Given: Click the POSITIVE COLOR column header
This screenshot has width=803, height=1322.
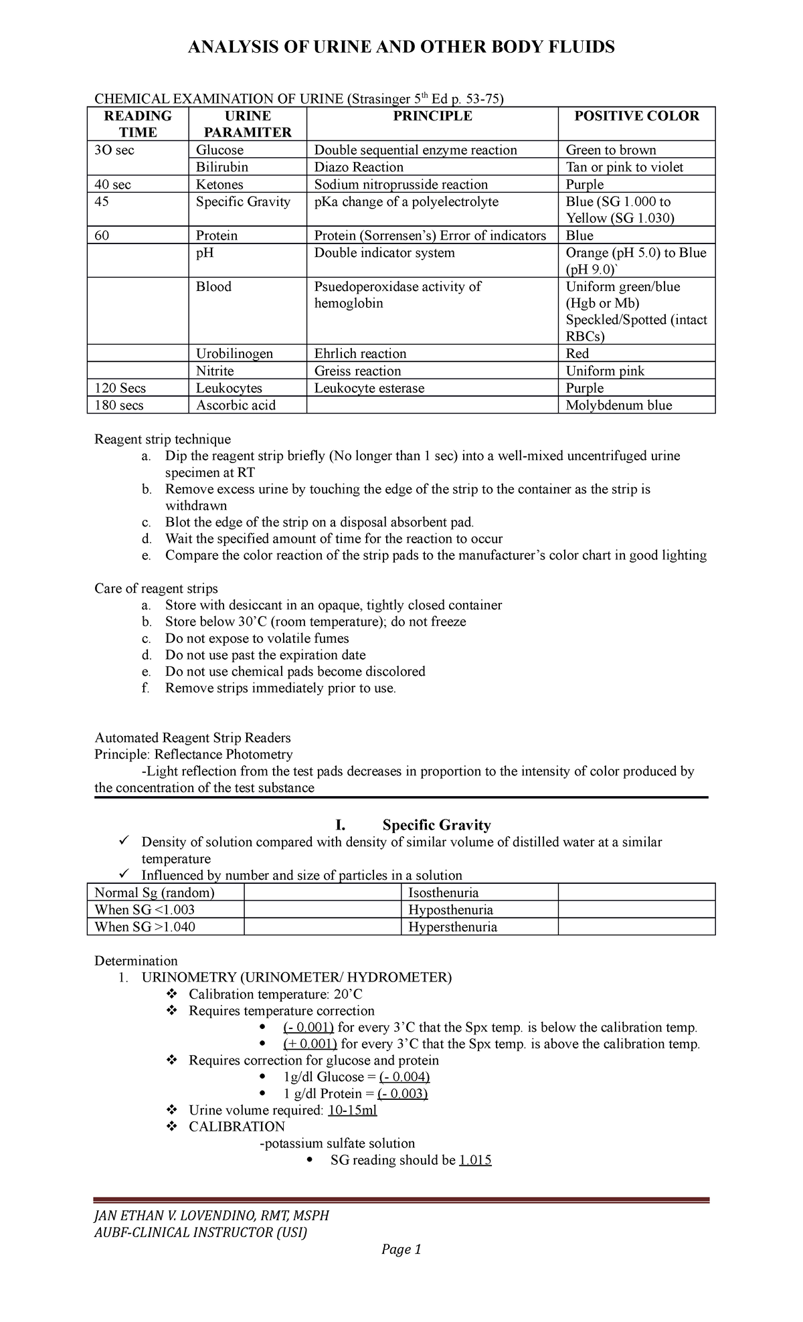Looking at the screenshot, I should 636,116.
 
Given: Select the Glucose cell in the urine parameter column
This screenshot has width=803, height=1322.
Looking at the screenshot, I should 219,150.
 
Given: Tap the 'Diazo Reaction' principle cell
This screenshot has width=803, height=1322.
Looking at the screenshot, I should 359,167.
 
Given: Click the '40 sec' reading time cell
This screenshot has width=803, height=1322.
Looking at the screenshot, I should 113,185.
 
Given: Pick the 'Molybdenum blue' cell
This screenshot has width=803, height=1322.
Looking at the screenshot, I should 619,405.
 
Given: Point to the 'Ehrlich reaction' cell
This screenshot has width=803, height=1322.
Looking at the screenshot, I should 361,354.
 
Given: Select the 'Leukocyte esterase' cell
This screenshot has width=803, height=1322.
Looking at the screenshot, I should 369,388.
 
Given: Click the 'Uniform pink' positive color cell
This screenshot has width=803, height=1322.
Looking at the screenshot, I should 605,371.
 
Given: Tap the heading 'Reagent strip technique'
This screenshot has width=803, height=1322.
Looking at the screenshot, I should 163,440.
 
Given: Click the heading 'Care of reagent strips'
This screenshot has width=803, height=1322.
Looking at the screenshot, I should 156,589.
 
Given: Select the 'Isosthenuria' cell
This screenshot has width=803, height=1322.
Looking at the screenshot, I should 444,892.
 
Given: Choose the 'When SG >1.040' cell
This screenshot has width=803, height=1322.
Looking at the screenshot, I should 145,927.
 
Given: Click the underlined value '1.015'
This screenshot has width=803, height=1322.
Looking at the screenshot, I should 475,1160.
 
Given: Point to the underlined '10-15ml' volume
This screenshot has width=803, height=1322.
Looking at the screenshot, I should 353,1111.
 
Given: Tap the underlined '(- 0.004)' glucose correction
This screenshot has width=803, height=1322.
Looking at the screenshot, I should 404,1077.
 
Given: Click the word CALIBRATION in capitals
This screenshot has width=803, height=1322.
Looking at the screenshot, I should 237,1127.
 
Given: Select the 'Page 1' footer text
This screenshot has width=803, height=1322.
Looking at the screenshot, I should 401,1249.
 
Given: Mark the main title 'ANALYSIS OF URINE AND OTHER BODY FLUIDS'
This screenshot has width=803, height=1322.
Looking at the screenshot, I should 401,47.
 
